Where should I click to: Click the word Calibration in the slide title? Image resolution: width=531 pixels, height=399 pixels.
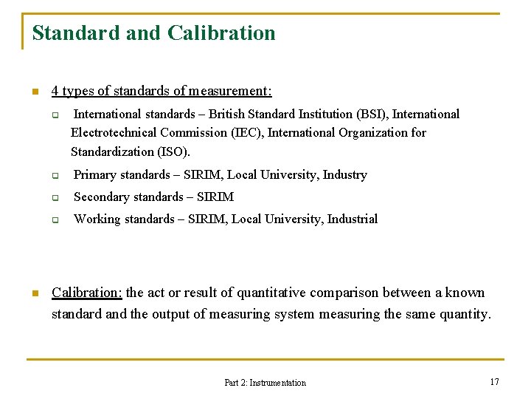pyautogui.click(x=221, y=33)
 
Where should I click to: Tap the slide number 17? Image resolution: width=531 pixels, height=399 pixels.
pyautogui.click(x=494, y=381)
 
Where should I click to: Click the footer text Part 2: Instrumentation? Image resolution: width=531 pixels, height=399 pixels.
pyautogui.click(x=265, y=382)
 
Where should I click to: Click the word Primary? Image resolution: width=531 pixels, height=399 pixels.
pyautogui.click(x=95, y=175)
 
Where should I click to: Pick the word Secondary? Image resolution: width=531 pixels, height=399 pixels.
pyautogui.click(x=103, y=197)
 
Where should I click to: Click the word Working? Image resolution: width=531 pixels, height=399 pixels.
pyautogui.click(x=97, y=219)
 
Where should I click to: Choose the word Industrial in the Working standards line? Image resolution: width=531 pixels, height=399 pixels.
pyautogui.click(x=353, y=219)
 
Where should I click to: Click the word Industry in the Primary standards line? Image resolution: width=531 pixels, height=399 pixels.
pyautogui.click(x=344, y=175)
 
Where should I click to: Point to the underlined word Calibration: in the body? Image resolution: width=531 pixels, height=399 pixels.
pyautogui.click(x=87, y=293)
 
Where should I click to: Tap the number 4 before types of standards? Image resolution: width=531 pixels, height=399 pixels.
pyautogui.click(x=55, y=91)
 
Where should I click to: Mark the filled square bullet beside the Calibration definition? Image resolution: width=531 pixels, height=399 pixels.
pyautogui.click(x=33, y=293)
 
